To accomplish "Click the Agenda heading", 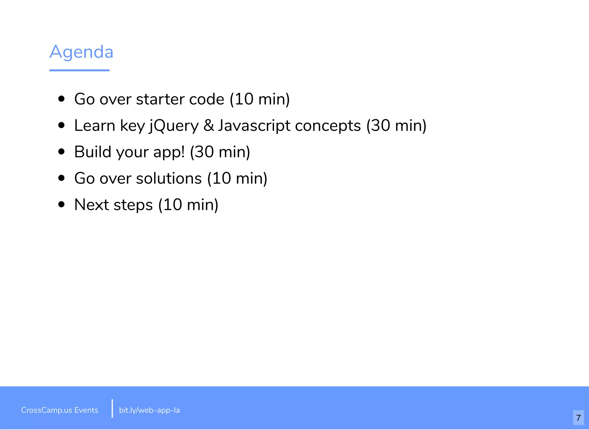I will [x=81, y=52].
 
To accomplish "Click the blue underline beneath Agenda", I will [x=79, y=70].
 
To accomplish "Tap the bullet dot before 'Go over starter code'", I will [x=61, y=99].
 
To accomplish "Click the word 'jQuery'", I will [x=174, y=126].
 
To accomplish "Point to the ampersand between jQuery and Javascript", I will [x=209, y=125].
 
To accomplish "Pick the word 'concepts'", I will [x=328, y=126].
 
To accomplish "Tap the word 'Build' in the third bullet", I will [x=93, y=152].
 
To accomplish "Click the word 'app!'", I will [x=169, y=152].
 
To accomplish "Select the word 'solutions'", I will [x=169, y=178].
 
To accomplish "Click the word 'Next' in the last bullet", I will [x=91, y=205].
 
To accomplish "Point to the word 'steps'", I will [x=133, y=205].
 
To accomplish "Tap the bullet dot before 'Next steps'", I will [x=61, y=204].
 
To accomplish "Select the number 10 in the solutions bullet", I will [x=221, y=178].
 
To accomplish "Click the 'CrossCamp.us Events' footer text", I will [x=60, y=410].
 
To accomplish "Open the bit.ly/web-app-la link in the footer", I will [x=149, y=410].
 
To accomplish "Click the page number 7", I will [x=579, y=418].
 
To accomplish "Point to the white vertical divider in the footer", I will [x=112, y=408].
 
